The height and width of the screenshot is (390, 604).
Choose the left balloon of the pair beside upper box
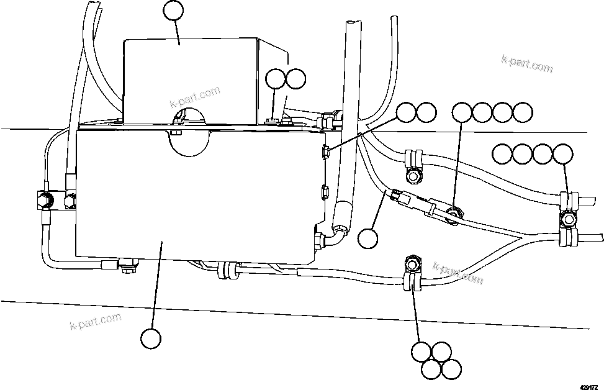point(276,79)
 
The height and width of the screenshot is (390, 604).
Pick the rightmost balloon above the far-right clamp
point(564,153)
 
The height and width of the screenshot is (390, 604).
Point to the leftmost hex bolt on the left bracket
point(45,200)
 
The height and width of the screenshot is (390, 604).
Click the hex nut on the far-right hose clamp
point(567,219)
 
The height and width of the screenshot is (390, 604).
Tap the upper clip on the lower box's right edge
point(325,150)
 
